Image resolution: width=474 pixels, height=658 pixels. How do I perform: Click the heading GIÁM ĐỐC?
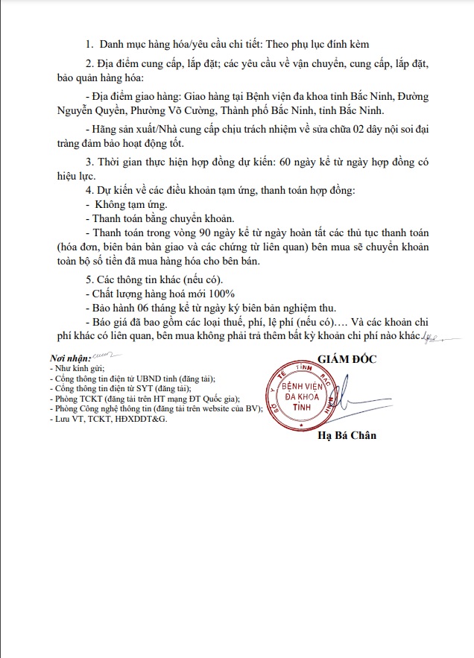coord(347,358)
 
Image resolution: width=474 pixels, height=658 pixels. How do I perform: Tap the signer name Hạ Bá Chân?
coord(347,435)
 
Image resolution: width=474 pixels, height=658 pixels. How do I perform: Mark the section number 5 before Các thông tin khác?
coord(89,279)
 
